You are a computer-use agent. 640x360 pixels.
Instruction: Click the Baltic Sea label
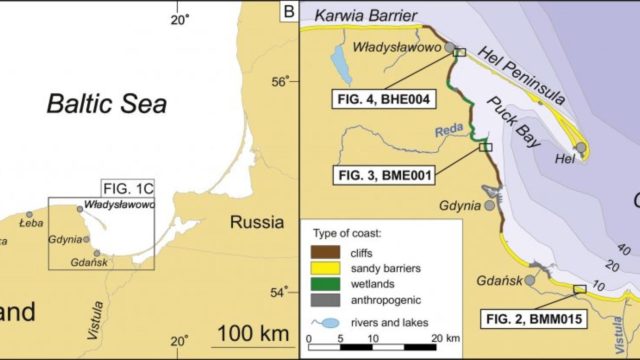[107, 104]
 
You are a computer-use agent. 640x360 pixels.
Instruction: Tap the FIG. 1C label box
[128, 188]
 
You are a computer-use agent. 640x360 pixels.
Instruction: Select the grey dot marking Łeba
[29, 215]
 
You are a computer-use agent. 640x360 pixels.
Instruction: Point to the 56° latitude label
[279, 82]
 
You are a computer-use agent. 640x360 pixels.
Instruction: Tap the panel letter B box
[289, 12]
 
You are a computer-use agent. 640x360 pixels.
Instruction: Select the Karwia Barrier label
[366, 16]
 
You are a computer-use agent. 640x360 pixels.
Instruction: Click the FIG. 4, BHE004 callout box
[383, 99]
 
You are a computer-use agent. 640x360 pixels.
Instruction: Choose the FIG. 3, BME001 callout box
[384, 176]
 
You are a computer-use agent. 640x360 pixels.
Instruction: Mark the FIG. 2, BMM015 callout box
[534, 319]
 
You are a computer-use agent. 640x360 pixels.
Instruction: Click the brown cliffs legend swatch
[325, 252]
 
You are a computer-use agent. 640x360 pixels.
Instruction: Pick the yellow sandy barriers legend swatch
[325, 268]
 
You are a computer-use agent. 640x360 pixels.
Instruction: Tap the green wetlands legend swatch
[325, 284]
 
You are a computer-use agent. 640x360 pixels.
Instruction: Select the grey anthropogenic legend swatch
[325, 300]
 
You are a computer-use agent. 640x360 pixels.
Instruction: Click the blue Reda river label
[449, 130]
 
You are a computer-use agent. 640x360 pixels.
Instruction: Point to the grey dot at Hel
[581, 148]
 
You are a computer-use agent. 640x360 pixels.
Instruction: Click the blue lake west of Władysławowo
[341, 64]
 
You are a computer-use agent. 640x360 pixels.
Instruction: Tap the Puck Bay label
[514, 122]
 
